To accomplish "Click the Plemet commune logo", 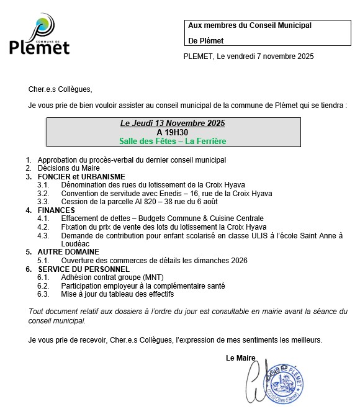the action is tap(40, 37).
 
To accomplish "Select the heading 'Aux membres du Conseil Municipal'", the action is tap(249, 25).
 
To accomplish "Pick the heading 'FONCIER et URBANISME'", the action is tap(81, 177).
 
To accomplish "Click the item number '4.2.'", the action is tap(43, 227).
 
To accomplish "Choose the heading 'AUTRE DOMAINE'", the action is tap(68, 252).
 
